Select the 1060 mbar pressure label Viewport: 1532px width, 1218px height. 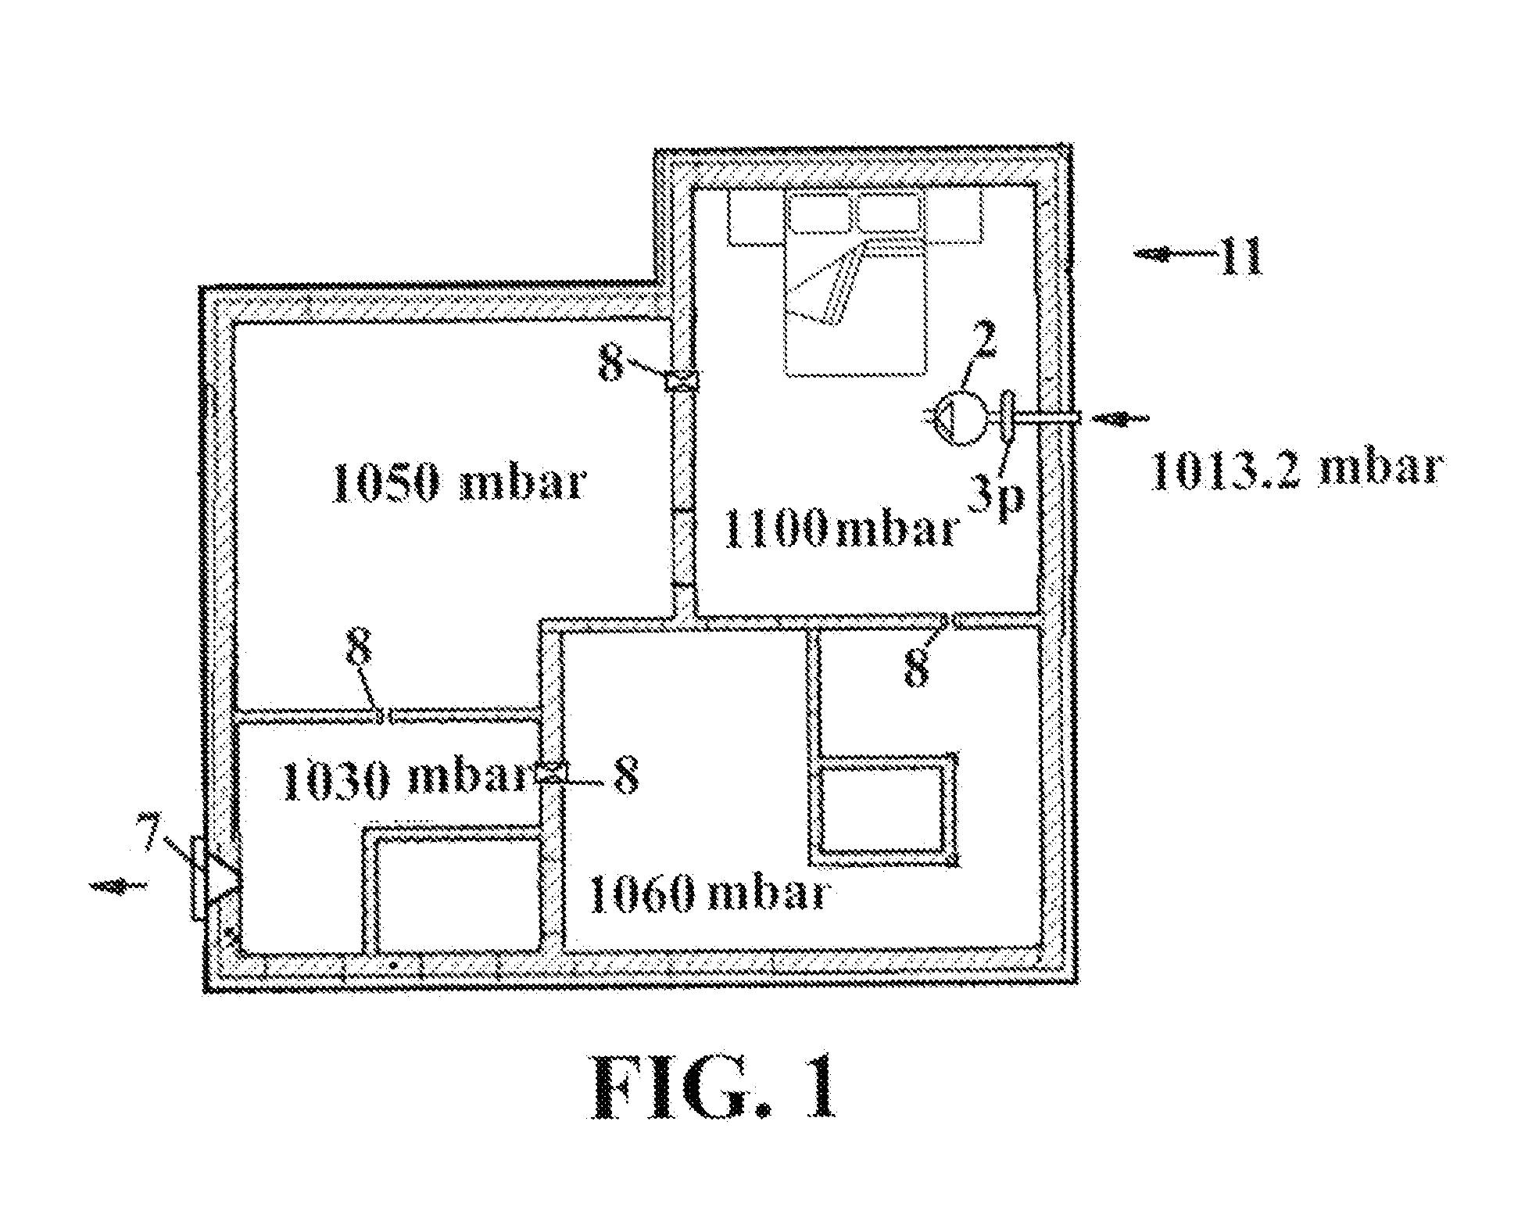[710, 893]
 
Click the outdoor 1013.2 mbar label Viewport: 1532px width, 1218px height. [1294, 471]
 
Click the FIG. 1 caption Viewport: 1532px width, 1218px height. [714, 1088]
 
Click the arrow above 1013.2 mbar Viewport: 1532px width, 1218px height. [1121, 419]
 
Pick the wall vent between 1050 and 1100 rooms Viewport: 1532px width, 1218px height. [681, 381]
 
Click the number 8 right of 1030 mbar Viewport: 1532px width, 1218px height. [625, 779]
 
